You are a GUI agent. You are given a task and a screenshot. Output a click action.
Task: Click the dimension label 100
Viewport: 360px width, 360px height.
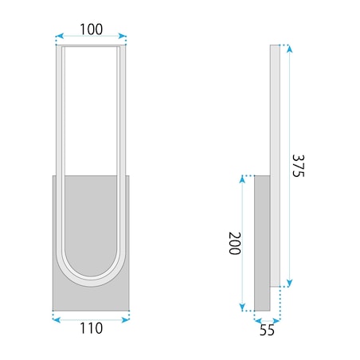(91, 29)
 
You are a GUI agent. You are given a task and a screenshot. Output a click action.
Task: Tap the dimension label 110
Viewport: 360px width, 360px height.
(91, 328)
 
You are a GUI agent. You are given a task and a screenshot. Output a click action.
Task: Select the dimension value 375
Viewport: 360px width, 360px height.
(298, 166)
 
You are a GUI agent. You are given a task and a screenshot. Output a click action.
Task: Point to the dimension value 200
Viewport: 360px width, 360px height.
(234, 243)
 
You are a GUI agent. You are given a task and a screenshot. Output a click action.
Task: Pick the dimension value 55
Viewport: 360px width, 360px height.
(267, 331)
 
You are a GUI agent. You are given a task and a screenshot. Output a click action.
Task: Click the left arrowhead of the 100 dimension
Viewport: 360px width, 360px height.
(60, 36)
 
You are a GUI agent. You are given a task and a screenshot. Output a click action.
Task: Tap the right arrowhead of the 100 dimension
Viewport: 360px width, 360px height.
(122, 36)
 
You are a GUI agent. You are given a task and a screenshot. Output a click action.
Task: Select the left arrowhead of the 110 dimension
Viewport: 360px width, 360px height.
(57, 320)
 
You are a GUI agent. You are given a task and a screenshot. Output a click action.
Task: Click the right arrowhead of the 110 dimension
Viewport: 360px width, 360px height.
(125, 320)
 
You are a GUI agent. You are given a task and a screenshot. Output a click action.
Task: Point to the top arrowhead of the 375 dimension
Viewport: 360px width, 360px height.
(289, 49)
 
